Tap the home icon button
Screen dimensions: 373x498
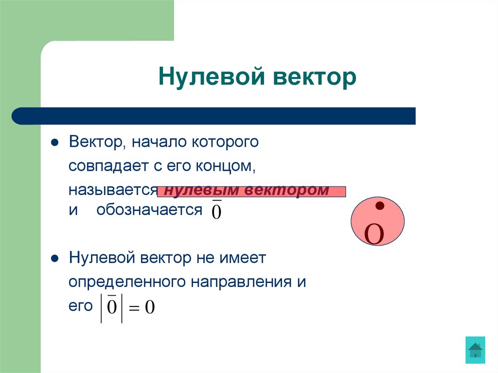pos(475,350)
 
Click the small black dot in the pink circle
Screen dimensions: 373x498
pos(377,206)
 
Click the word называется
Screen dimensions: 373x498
pos(112,190)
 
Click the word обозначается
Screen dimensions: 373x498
pos(149,210)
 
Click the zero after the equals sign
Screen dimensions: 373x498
pos(150,308)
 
